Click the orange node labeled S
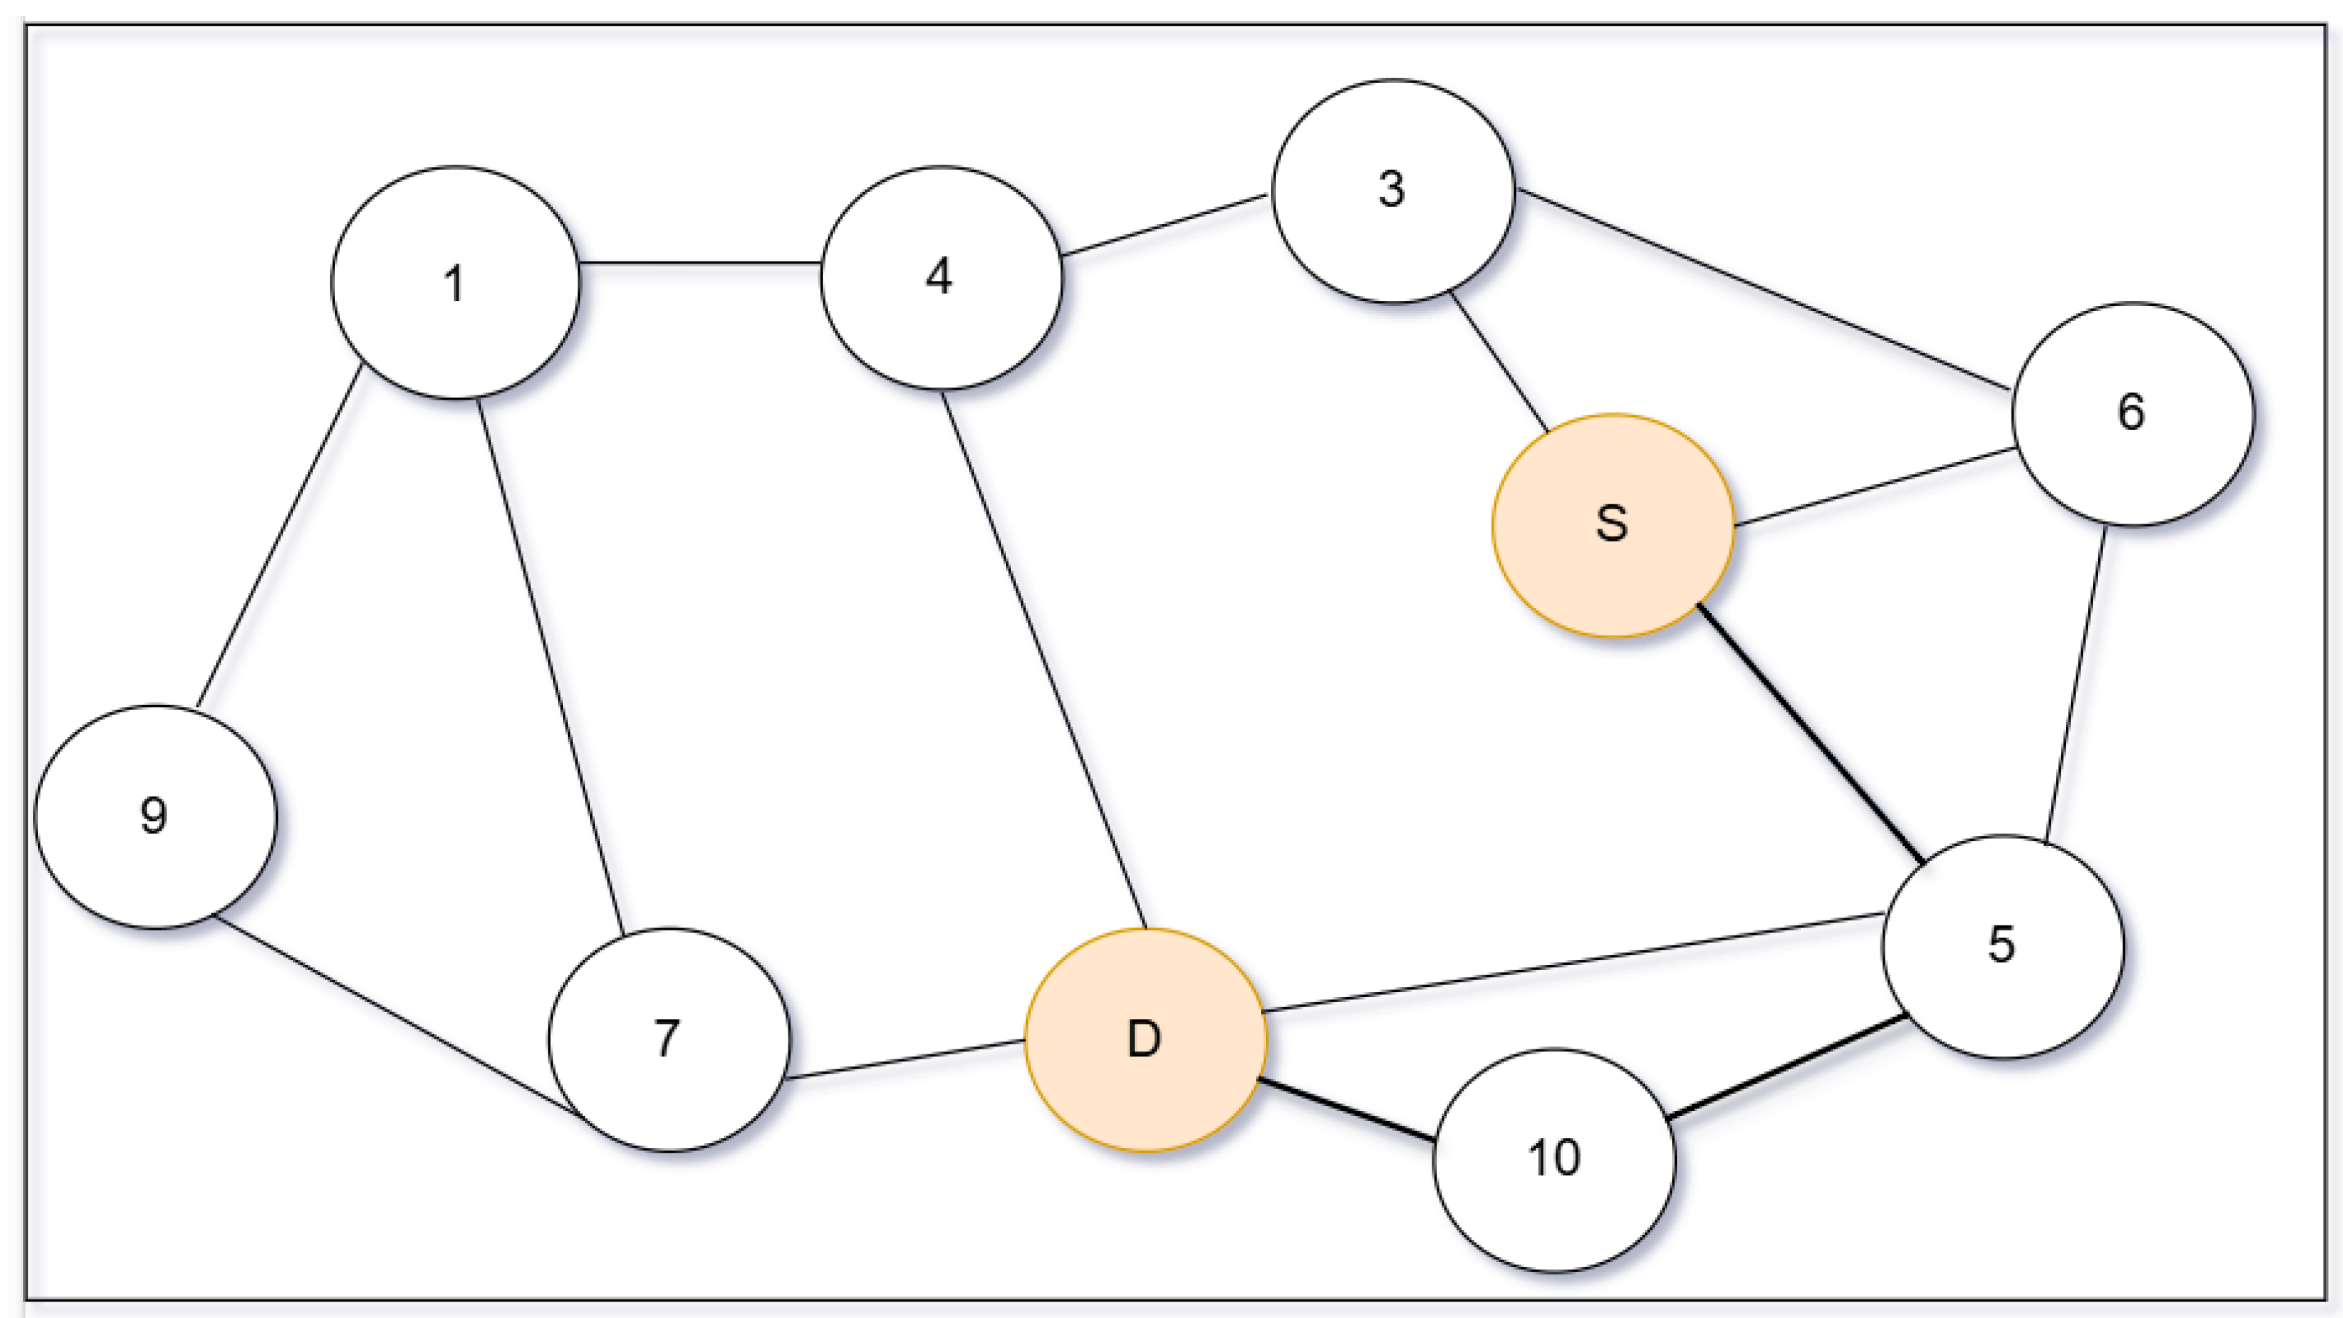tap(1613, 526)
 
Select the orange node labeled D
tap(1145, 1039)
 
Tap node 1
tap(455, 283)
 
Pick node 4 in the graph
tap(940, 277)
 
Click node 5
tap(2003, 946)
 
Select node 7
tap(669, 1039)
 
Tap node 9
tap(155, 816)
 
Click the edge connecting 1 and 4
tap(700, 263)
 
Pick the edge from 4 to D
tap(1043, 660)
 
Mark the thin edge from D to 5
tap(1573, 962)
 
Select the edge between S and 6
tap(1874, 486)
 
